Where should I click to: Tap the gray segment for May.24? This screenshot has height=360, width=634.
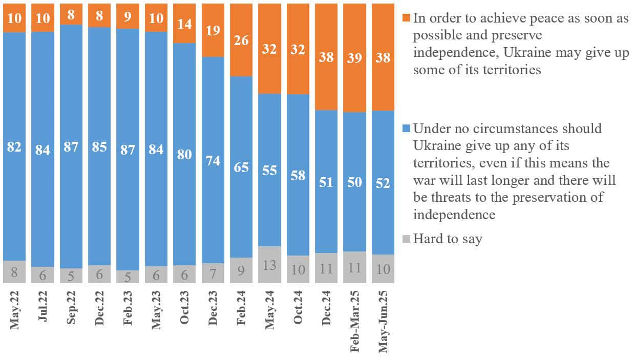(270, 265)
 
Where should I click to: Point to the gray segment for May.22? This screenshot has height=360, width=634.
(14, 272)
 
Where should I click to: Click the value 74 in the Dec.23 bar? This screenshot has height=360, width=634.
(213, 160)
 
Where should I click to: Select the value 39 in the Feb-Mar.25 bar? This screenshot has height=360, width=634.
(355, 57)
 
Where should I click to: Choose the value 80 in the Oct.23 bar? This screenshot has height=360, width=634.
(185, 154)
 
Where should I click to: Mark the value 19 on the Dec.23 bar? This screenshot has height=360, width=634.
(213, 30)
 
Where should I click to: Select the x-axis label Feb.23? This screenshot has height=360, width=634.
(128, 310)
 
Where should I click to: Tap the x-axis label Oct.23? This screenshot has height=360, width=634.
(185, 309)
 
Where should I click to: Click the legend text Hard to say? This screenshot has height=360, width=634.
(448, 239)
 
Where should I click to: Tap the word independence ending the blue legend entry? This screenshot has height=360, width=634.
(454, 214)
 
